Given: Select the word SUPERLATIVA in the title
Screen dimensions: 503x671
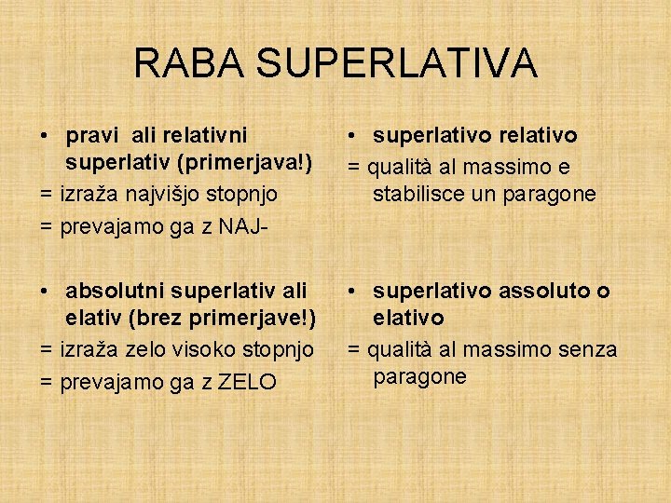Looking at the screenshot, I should [395, 62].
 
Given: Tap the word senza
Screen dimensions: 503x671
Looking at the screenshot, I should [588, 349].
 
